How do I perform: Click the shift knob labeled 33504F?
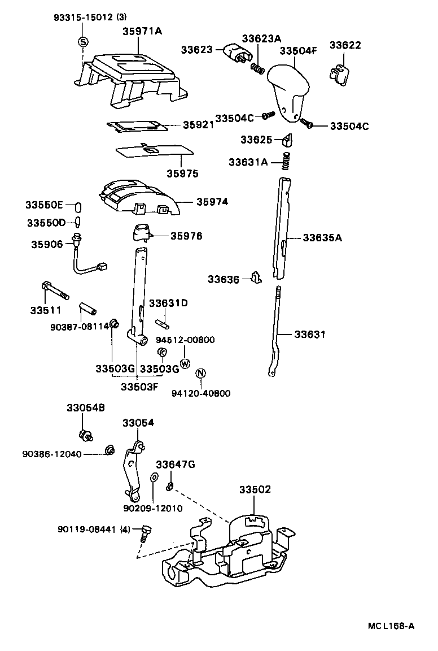(289, 90)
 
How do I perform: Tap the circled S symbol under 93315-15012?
(82, 42)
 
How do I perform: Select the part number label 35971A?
(142, 32)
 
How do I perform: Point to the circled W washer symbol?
(185, 363)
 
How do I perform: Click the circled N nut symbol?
(200, 374)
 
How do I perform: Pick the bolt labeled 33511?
(54, 292)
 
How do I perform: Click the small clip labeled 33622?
(339, 74)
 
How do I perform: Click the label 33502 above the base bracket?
(255, 489)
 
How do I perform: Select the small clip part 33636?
(257, 277)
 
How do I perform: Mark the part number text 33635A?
(322, 237)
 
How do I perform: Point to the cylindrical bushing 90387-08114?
(87, 309)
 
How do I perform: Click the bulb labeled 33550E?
(79, 205)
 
